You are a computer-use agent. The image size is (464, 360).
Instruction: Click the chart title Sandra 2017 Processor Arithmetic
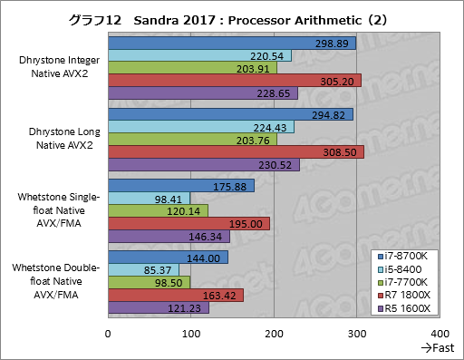coord(231,17)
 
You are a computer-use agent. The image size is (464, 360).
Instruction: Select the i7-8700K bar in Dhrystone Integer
coord(232,44)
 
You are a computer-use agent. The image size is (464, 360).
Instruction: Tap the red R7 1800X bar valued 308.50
coord(236,151)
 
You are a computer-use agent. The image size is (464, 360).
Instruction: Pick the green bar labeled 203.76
coord(192,139)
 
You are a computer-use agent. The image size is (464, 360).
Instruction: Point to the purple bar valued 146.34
coord(169,236)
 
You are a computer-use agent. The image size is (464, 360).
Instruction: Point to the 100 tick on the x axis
coord(191,334)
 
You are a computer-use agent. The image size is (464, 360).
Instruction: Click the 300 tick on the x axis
coord(358,334)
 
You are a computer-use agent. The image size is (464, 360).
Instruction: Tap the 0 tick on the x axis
coord(109,334)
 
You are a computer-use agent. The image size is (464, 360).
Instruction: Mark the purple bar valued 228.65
coord(203,92)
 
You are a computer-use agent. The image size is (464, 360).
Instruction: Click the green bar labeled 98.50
coord(149,283)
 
